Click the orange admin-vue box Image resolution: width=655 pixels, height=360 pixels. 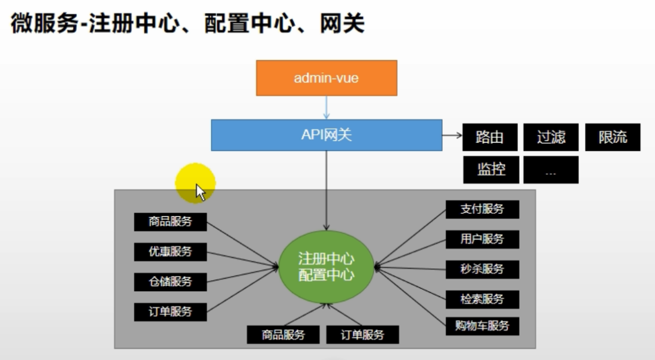pos(327,78)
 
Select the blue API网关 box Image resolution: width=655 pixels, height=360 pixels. pos(327,135)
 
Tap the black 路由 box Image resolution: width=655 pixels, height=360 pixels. pos(490,137)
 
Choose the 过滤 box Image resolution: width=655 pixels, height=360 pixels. pos(551,137)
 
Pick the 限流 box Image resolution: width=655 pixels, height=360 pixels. pos(612,137)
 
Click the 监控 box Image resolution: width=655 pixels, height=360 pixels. pos(490,170)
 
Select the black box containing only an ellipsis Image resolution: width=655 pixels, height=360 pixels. pos(551,170)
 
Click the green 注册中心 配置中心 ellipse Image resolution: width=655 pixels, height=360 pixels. pos(327,267)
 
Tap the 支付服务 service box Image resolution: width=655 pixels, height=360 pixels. pos(482,210)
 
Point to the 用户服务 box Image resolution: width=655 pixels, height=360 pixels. pos(482,239)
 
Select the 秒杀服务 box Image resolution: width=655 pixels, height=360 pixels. pos(482,269)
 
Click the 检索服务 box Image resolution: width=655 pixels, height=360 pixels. pos(482,299)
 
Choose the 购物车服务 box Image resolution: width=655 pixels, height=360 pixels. pos(482,326)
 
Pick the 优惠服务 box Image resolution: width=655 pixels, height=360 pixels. pos(170,252)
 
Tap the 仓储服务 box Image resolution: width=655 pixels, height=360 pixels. pos(170,282)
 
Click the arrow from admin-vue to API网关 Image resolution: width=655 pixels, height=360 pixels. pos(327,107)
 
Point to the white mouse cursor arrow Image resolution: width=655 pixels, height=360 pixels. pos(200,192)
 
